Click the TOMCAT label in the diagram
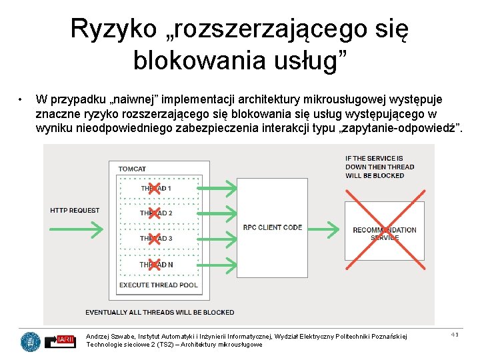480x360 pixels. pos(132,169)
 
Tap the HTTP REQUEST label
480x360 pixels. pos(75,211)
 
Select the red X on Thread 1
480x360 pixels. pos(154,189)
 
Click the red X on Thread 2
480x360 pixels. pos(154,213)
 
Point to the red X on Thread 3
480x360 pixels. pos(154,239)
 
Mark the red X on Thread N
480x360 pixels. pos(154,265)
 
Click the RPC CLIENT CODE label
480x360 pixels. pos(272,227)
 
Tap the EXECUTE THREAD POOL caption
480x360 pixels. pos(158,285)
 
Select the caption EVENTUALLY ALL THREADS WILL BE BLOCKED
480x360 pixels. pos(160,312)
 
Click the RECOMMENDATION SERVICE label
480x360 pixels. pos(385,233)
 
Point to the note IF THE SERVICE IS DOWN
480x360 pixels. pos(379,167)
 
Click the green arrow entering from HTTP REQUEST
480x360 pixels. pos(76,229)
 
